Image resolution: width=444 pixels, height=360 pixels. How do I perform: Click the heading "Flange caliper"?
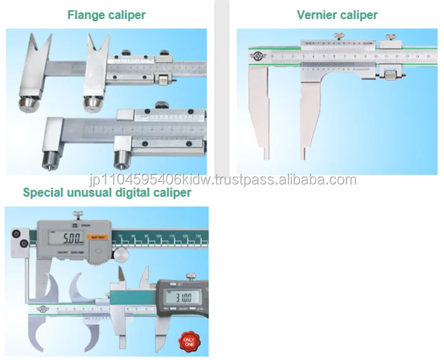(x=106, y=15)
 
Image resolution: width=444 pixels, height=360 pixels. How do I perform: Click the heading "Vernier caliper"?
(x=337, y=15)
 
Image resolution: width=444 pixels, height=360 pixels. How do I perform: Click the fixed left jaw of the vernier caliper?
(x=258, y=110)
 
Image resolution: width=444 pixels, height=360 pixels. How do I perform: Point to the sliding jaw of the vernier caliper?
(x=310, y=110)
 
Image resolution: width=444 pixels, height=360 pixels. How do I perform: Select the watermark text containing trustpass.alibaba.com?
(x=221, y=179)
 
